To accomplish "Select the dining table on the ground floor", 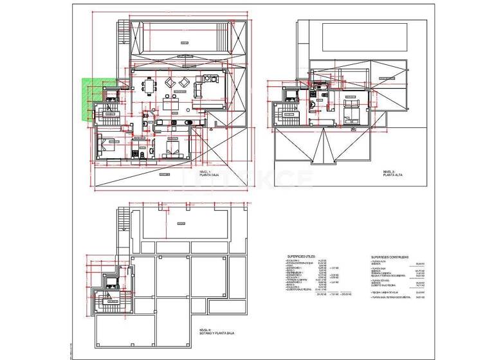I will [x=149, y=86].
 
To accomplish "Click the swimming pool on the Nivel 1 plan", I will [x=181, y=38].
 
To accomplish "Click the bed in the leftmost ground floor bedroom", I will [x=104, y=143].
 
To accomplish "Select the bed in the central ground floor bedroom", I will [x=172, y=152].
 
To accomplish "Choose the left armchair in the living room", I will [x=171, y=82].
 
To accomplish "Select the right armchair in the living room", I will [x=185, y=82].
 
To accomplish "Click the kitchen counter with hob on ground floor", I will [x=173, y=121].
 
